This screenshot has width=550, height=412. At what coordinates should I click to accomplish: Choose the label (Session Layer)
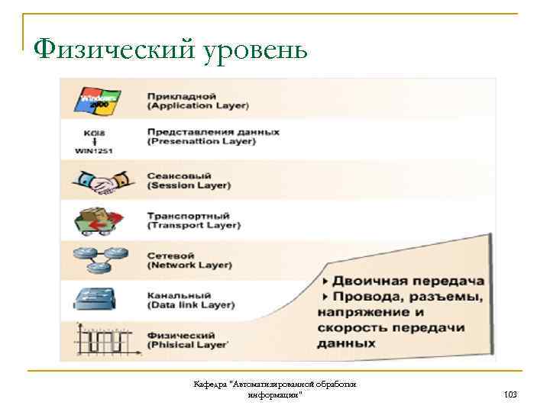pyautogui.click(x=188, y=185)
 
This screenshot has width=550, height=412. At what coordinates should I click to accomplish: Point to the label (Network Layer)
pyautogui.click(x=190, y=265)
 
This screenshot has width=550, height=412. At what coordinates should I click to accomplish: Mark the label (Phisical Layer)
pyautogui.click(x=186, y=345)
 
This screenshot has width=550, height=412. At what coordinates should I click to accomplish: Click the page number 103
pyautogui.click(x=510, y=394)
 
